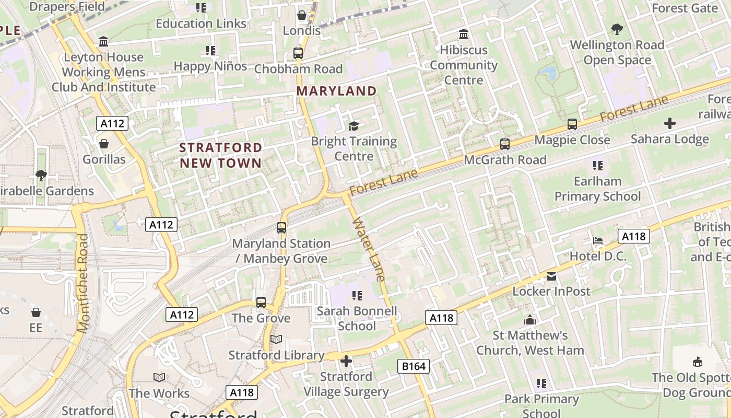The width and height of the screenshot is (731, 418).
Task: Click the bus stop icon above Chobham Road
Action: [298, 53]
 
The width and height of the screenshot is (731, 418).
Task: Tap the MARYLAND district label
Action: [336, 91]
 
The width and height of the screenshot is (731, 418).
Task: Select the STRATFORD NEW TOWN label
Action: [220, 155]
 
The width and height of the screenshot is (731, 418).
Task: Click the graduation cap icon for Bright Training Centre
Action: [354, 126]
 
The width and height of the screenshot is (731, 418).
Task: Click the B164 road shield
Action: [414, 366]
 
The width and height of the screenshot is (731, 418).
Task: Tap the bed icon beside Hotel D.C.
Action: [598, 241]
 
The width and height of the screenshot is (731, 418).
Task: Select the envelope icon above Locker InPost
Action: [551, 276]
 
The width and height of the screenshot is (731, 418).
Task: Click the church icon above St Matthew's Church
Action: [530, 320]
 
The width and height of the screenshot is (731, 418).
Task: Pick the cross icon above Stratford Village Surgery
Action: [346, 361]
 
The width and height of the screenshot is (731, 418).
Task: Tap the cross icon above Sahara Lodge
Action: [669, 124]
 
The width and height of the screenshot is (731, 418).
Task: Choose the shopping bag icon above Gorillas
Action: [104, 144]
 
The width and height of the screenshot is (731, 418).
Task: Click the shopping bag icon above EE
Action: [36, 312]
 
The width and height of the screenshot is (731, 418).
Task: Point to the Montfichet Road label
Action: [84, 283]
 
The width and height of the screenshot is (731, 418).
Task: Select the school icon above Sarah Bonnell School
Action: [357, 296]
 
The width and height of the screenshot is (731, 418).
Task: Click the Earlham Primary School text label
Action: [597, 189]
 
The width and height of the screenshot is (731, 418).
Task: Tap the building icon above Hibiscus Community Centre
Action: [463, 34]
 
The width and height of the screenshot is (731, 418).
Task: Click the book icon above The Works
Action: [159, 377]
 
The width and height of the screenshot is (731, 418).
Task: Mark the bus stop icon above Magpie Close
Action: [572, 124]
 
